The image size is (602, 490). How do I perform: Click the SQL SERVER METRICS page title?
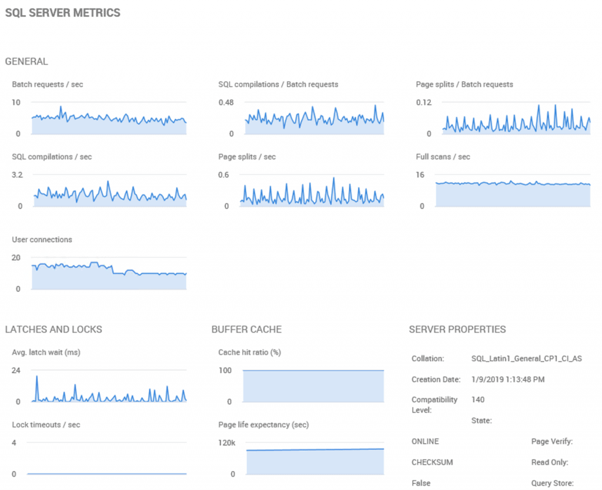(x=63, y=13)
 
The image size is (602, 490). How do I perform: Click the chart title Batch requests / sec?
(x=48, y=85)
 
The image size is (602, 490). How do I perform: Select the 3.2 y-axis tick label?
(x=18, y=175)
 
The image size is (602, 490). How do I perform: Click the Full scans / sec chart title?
(x=443, y=157)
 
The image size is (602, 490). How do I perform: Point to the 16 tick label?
(x=420, y=175)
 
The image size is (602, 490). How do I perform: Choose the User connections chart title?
(x=42, y=240)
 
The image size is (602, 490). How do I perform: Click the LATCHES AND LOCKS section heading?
(x=53, y=330)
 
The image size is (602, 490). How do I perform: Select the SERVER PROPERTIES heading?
(x=457, y=330)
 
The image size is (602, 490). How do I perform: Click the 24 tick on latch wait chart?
(x=16, y=371)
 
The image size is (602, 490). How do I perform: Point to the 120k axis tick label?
(x=227, y=443)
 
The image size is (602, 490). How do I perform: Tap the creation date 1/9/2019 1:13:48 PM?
(x=508, y=380)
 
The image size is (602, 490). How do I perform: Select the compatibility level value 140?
(x=478, y=400)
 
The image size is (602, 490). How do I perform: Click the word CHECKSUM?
(x=429, y=462)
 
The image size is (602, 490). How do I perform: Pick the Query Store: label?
(x=551, y=484)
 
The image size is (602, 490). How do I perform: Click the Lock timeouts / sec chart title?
(x=46, y=425)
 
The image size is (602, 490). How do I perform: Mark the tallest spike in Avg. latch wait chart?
(x=36, y=376)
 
